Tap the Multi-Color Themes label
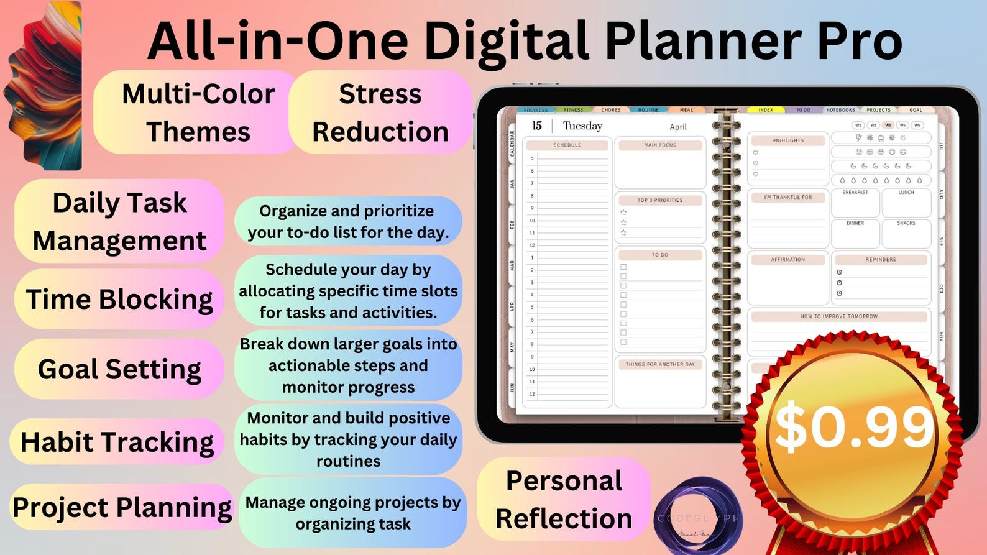click(x=198, y=112)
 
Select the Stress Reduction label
click(x=380, y=112)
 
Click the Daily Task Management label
click(x=119, y=221)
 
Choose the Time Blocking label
click(x=119, y=299)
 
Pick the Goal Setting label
click(x=119, y=369)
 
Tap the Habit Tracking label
click(x=117, y=442)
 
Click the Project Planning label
click(x=122, y=507)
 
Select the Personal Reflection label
click(x=564, y=499)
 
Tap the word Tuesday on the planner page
click(x=582, y=126)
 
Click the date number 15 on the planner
click(x=537, y=126)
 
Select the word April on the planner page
click(x=678, y=127)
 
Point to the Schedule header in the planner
click(x=567, y=145)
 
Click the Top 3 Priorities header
click(x=660, y=200)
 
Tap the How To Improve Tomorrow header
click(x=838, y=316)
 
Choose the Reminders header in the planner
click(x=881, y=260)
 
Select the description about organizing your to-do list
click(x=348, y=221)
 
